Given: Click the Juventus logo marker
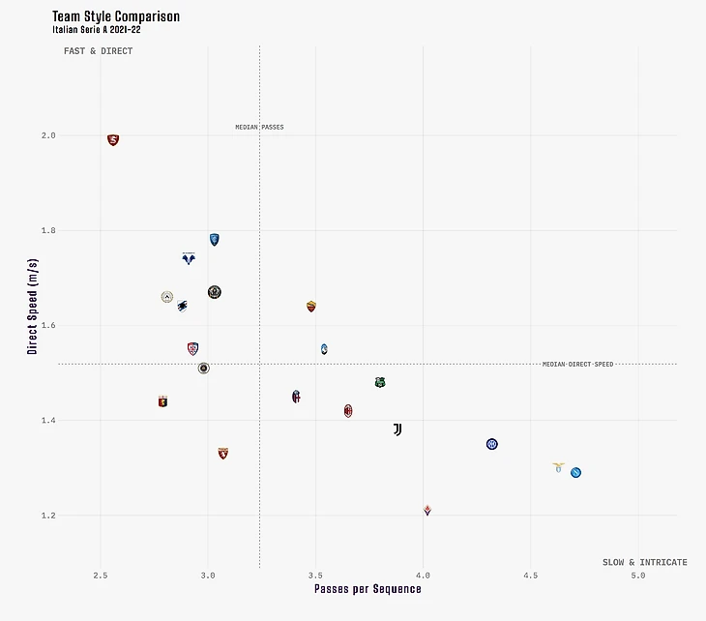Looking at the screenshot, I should point(397,429).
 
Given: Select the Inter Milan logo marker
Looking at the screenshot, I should point(492,444).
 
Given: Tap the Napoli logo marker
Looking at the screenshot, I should point(575,473).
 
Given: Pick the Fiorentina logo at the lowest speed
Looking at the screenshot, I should point(427,510).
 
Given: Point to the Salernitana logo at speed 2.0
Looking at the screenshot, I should point(113,140).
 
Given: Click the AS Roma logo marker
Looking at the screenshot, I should point(311,307).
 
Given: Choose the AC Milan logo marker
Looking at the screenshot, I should point(348,411).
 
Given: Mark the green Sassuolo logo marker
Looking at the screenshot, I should point(380,383).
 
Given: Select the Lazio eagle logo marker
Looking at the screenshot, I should point(558,467).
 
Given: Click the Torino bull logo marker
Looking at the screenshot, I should point(223,453).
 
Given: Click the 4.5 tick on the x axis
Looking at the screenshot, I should point(530,577).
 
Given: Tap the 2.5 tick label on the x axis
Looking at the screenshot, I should point(100,577).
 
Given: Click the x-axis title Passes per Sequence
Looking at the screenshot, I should point(368,589).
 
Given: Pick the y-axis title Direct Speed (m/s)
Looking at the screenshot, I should point(32,306).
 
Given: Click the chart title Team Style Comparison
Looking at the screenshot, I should point(116,16).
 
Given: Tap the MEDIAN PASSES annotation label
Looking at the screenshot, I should point(259,128).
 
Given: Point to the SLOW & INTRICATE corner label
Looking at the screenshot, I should point(644,562).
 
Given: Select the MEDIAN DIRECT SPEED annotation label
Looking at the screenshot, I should point(577,365).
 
